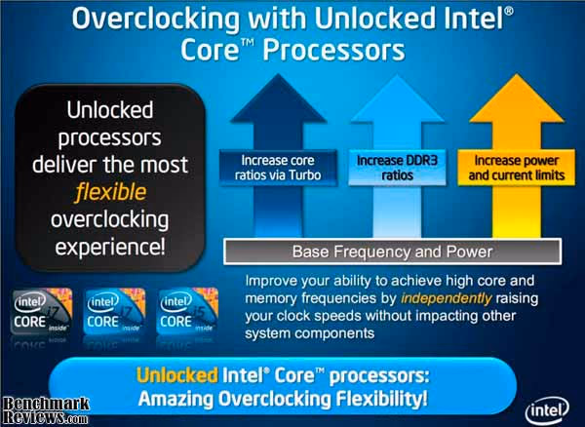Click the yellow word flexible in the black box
tap(110, 192)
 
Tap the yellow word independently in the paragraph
tap(447, 298)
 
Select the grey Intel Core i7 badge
tap(42, 311)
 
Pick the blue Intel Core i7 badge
tap(115, 311)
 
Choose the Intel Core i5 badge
tap(187, 311)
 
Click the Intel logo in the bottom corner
tap(547, 410)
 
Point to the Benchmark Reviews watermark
tap(46, 410)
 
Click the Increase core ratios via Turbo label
tap(278, 168)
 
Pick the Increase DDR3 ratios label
tap(397, 168)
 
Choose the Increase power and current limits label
tap(517, 168)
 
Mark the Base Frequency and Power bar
tap(393, 252)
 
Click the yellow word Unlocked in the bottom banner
tap(177, 375)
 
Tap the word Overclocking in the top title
tap(156, 19)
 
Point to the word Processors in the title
tap(333, 50)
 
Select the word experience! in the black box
tap(110, 247)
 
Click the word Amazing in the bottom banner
tap(176, 399)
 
